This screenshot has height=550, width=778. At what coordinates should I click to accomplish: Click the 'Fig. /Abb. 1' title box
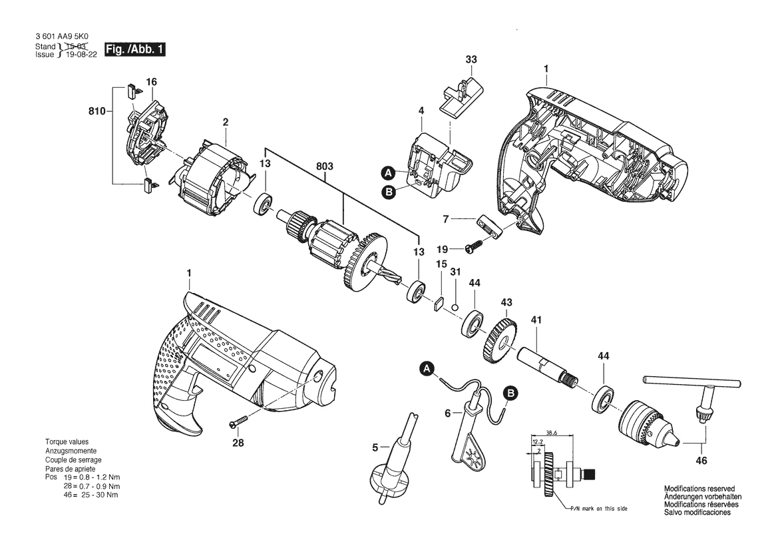click(134, 49)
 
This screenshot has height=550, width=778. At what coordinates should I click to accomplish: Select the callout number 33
click(471, 60)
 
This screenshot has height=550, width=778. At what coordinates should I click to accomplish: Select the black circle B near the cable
click(510, 393)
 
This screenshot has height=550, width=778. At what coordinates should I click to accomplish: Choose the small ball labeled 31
click(454, 306)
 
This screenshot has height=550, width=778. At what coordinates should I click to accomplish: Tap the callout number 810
click(97, 112)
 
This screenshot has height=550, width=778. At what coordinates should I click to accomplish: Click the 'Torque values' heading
click(67, 442)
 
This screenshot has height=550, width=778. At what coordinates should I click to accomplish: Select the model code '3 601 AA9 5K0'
click(64, 39)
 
